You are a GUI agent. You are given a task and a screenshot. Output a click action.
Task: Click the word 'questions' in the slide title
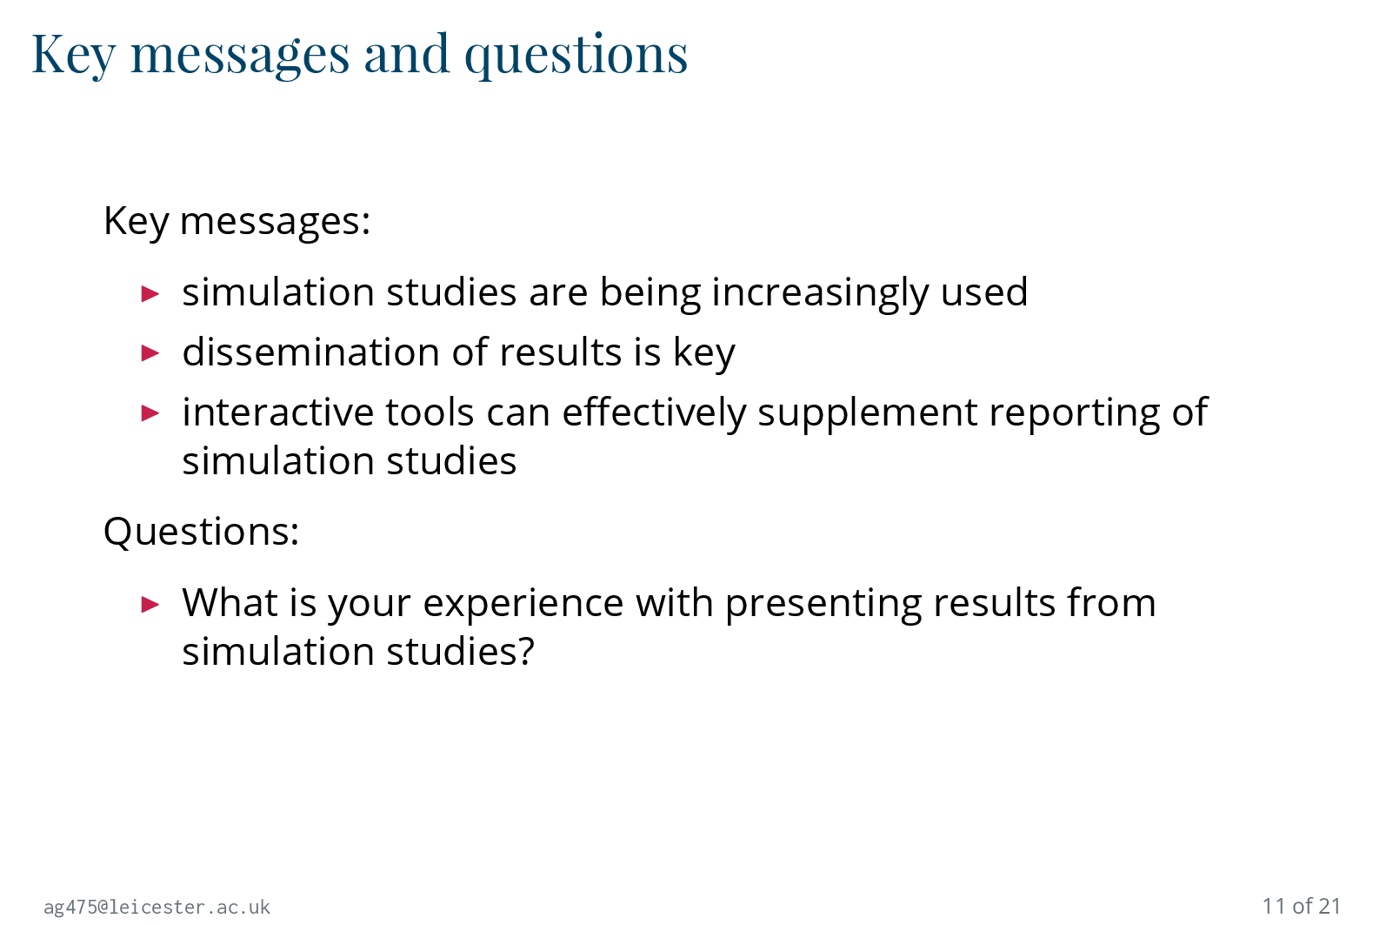(576, 56)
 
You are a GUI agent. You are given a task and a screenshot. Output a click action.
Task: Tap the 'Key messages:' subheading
(237, 221)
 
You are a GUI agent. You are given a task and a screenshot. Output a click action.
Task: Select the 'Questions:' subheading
(201, 531)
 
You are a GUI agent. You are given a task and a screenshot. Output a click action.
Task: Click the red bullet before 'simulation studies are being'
(150, 293)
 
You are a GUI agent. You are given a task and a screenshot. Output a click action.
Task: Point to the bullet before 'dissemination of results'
(150, 353)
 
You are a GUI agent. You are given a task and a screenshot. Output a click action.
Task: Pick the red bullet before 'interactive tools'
(150, 413)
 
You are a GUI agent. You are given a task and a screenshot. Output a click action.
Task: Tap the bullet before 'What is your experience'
(150, 604)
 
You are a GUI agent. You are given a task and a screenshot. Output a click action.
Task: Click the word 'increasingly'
(820, 293)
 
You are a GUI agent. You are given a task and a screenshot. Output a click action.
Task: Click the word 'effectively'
(653, 413)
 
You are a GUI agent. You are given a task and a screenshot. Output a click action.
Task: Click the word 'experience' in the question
(523, 604)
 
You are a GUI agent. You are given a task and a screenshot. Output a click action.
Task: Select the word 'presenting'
(823, 604)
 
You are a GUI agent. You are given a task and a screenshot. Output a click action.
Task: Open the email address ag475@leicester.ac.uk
(157, 907)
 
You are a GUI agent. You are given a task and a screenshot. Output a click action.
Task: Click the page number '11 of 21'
(1302, 906)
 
